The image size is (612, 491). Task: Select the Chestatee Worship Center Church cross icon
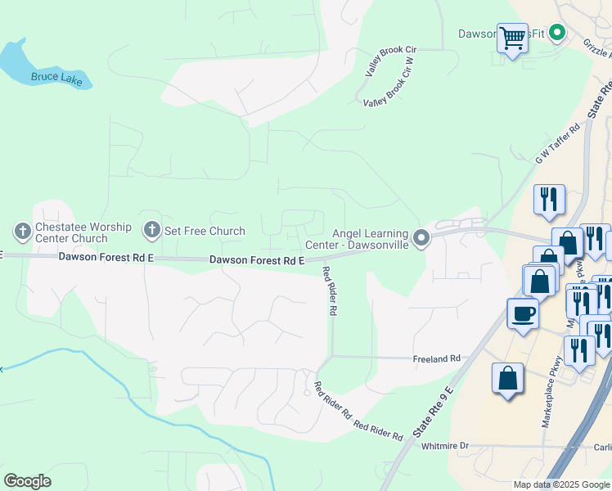(x=22, y=231)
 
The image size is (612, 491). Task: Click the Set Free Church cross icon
(x=151, y=231)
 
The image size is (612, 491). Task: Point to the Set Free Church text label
(x=205, y=231)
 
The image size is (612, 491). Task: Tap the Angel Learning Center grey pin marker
(x=421, y=238)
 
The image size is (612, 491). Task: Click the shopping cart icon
(x=512, y=38)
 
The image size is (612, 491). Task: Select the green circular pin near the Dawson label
(x=557, y=33)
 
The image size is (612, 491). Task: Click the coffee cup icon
(x=523, y=313)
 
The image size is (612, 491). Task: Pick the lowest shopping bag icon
(x=507, y=379)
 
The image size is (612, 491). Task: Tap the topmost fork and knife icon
(x=549, y=199)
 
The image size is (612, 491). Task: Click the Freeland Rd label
(x=438, y=358)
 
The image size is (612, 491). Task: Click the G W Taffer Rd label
(x=558, y=143)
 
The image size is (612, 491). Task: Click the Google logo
(x=27, y=481)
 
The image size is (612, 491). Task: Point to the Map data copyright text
(x=560, y=484)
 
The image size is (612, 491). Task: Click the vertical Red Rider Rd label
(x=330, y=291)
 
